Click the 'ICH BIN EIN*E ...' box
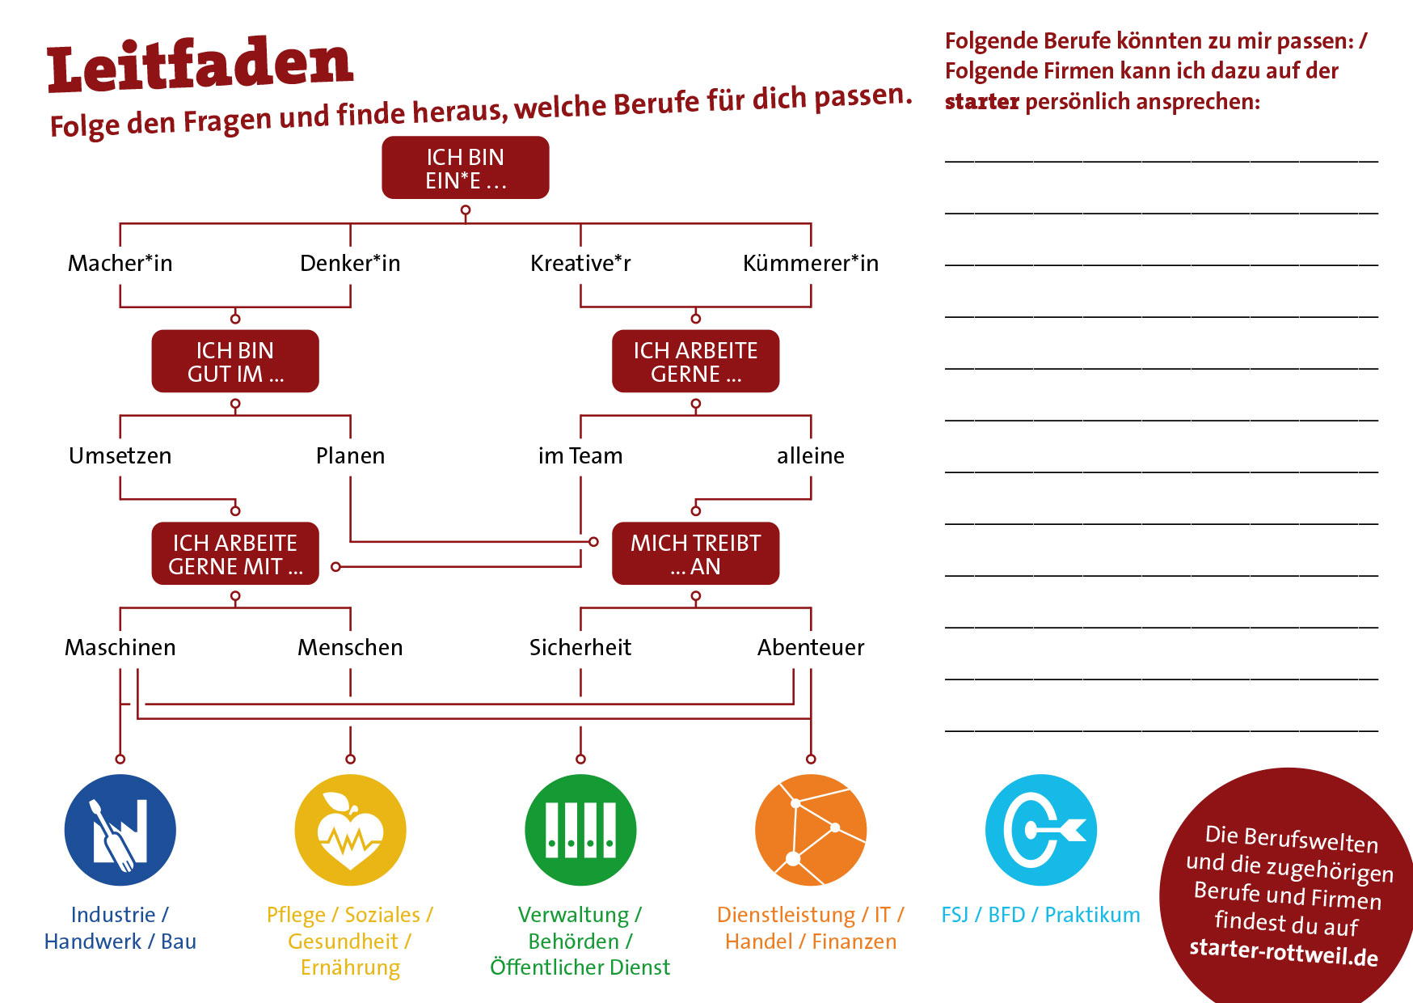[x=465, y=167]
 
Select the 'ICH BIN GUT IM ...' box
[x=235, y=361]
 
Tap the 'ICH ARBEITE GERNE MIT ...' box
[x=235, y=553]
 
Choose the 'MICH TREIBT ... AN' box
[x=695, y=553]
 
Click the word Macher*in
[x=120, y=263]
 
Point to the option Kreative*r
[x=580, y=263]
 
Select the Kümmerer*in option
[x=810, y=263]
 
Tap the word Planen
[x=350, y=455]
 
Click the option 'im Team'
[x=580, y=455]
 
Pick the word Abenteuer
[x=810, y=647]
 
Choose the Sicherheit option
[x=580, y=647]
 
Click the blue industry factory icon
[x=120, y=830]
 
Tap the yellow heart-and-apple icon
[x=350, y=830]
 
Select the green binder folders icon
[x=580, y=830]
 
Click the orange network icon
[x=810, y=830]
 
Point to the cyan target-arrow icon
[x=1041, y=830]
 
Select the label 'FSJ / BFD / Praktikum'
[x=1040, y=915]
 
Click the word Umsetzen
[x=120, y=455]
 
